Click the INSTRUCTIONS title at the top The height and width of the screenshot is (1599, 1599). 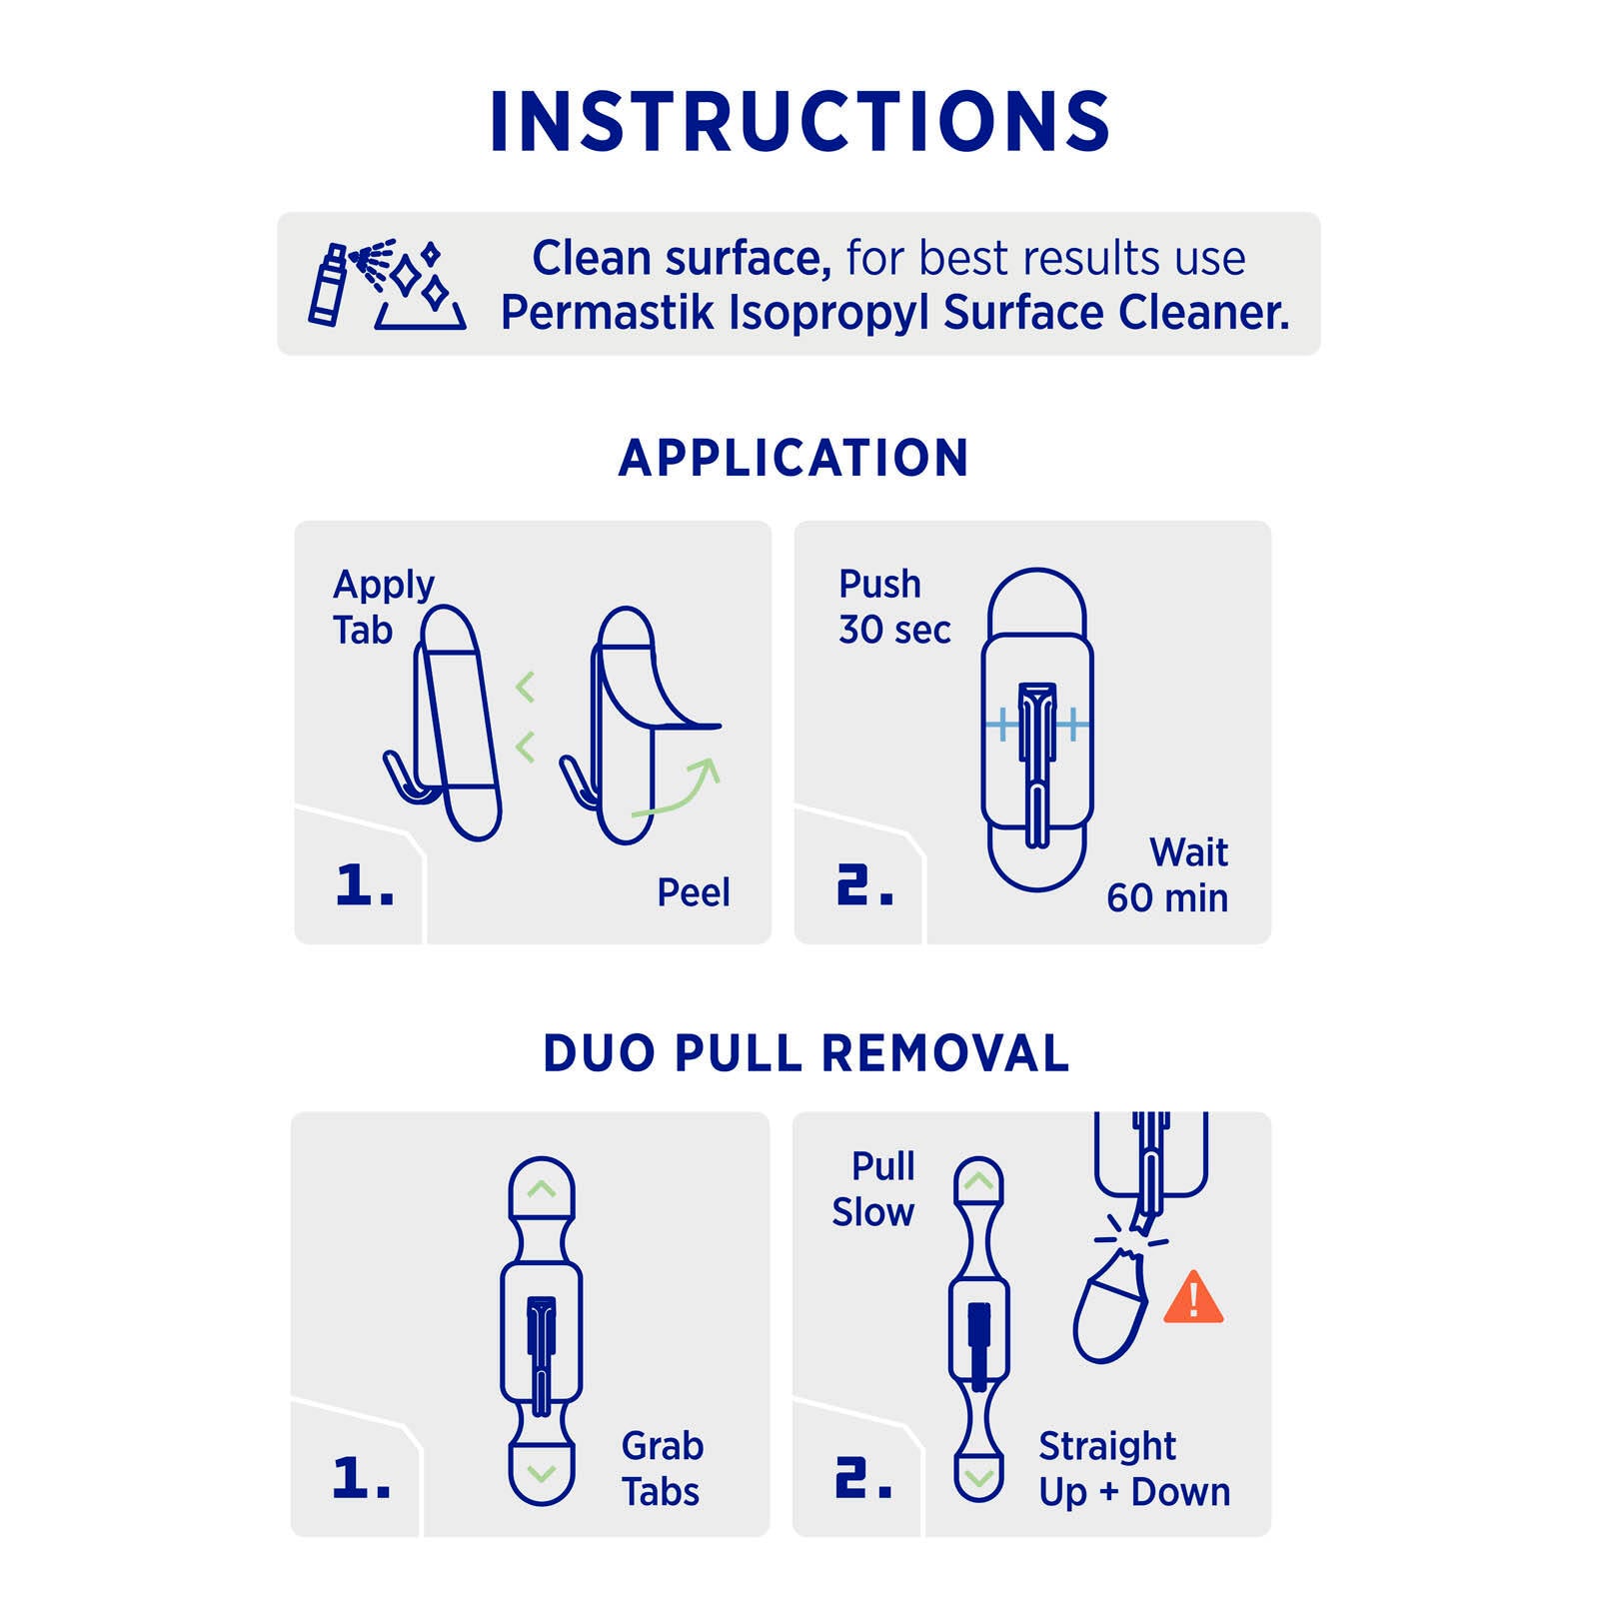point(799,122)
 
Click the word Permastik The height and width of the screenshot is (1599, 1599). point(607,312)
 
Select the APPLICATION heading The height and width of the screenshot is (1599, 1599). point(794,459)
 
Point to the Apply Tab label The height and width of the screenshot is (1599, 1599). point(384,608)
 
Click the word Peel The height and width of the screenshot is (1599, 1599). point(694,892)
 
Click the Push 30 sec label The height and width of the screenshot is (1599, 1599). point(894,607)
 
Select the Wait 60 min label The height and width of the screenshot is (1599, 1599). point(1167,875)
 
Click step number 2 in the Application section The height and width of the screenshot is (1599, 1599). point(864,885)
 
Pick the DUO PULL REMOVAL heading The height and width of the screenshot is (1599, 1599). point(806,1053)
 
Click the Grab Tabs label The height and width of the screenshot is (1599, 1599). point(662,1469)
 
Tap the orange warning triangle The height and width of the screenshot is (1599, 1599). point(1193,1297)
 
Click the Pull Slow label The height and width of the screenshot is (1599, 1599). point(873,1189)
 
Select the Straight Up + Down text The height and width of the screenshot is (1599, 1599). point(1134,1469)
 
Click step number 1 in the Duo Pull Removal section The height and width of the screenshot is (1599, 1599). point(362,1477)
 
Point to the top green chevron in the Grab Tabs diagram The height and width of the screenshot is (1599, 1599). point(541,1188)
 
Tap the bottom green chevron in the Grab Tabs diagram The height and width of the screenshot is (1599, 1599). point(541,1474)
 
